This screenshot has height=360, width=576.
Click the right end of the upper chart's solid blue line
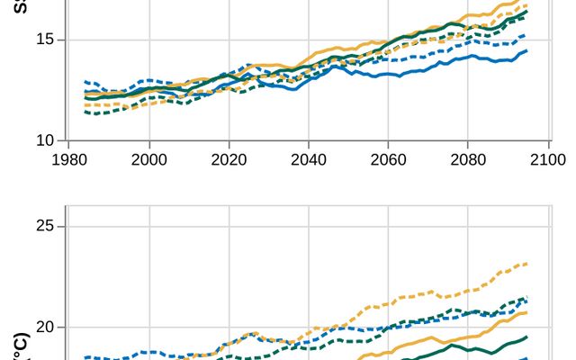point(526,51)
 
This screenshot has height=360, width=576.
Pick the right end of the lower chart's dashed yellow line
point(526,264)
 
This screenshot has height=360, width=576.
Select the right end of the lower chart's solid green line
point(526,336)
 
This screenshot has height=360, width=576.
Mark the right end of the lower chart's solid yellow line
point(526,312)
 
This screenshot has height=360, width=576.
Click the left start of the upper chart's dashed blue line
point(85,82)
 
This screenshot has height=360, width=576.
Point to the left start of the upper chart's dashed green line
point(85,112)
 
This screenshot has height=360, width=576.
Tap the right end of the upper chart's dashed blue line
point(526,35)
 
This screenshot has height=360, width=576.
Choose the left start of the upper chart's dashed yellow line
point(85,105)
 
